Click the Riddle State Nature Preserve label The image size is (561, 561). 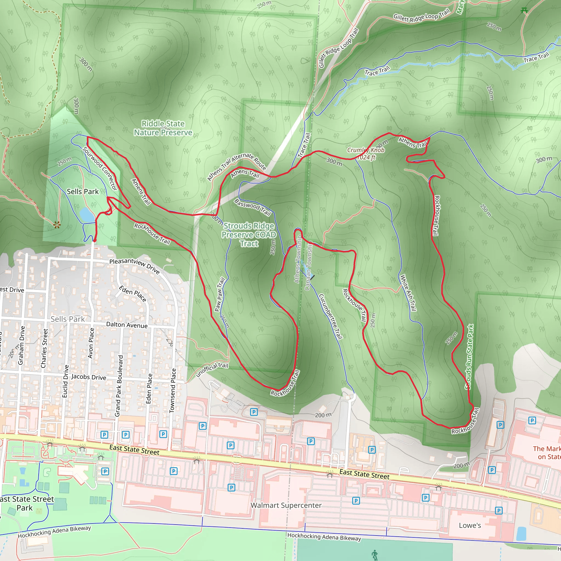point(163,128)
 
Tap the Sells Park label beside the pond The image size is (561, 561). point(82,192)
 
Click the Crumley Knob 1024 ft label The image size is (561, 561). point(366,154)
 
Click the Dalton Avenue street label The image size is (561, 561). point(127,325)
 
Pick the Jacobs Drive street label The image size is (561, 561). point(88,377)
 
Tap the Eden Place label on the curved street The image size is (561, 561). point(133,294)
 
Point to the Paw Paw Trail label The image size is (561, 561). point(219,294)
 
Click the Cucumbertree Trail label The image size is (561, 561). point(331,316)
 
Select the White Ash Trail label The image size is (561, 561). point(408,293)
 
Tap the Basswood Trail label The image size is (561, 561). point(253,207)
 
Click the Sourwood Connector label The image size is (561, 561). point(100,168)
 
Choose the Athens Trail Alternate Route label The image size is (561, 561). point(236,166)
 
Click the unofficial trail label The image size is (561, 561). point(212,369)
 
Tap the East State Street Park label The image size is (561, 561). point(26,503)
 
